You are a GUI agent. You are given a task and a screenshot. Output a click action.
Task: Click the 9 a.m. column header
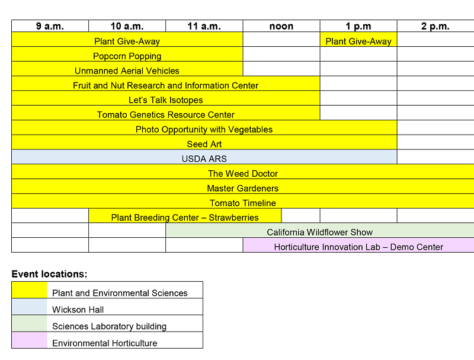[50, 26]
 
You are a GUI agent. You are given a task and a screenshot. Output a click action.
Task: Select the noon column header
[281, 26]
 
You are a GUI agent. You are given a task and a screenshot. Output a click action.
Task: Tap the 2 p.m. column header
[435, 26]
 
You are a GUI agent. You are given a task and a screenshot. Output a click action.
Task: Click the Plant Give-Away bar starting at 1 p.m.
[358, 42]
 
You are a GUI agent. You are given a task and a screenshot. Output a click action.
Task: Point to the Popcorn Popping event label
[127, 56]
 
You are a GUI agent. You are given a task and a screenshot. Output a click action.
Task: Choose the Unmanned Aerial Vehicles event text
[127, 71]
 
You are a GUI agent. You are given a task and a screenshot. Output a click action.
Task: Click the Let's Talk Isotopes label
[165, 100]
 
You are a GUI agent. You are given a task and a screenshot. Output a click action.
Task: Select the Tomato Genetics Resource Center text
[165, 114]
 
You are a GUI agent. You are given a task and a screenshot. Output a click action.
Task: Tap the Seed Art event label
[204, 144]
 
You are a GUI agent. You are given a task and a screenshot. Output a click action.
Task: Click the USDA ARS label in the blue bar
[204, 159]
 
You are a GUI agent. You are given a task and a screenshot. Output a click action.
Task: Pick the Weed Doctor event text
[242, 174]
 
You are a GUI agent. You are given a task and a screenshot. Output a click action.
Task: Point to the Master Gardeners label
[242, 189]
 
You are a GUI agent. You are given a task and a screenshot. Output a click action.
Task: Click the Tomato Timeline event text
[242, 203]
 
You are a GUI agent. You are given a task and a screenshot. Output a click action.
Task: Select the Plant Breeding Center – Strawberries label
[185, 218]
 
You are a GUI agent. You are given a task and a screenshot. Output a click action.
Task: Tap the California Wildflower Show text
[319, 232]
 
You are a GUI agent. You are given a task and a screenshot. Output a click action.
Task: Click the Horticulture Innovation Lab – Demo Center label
[358, 247]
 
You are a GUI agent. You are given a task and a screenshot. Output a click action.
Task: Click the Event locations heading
[49, 274]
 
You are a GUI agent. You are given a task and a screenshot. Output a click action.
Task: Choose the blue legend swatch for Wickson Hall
[30, 307]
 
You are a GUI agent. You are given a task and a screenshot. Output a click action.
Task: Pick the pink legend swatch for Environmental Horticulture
[30, 340]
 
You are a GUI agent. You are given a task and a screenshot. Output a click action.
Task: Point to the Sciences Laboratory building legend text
[109, 326]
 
